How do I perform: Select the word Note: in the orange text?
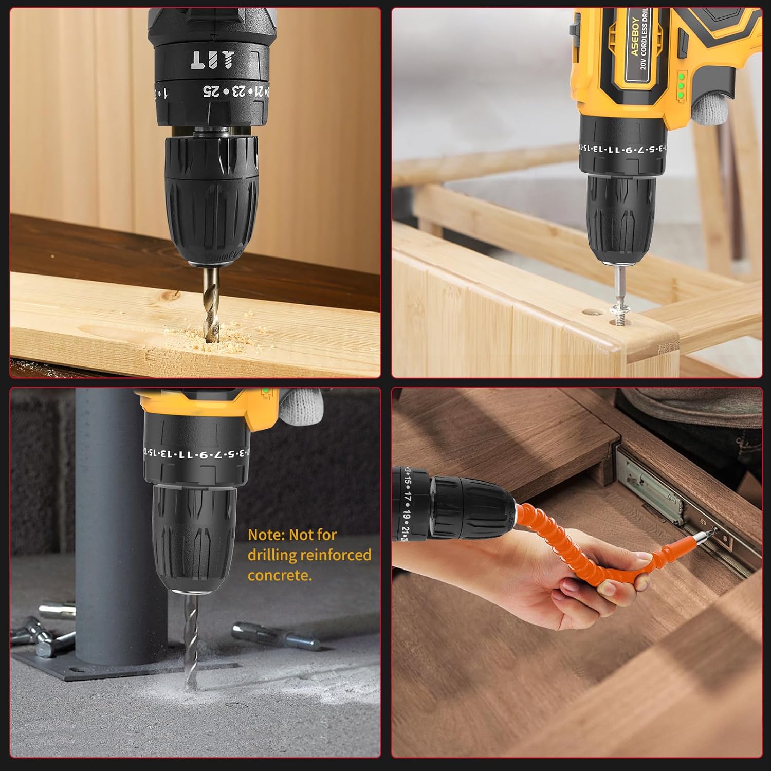266,535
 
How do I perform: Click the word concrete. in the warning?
280,575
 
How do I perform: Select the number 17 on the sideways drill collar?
407,498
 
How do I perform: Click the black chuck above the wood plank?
211,200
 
